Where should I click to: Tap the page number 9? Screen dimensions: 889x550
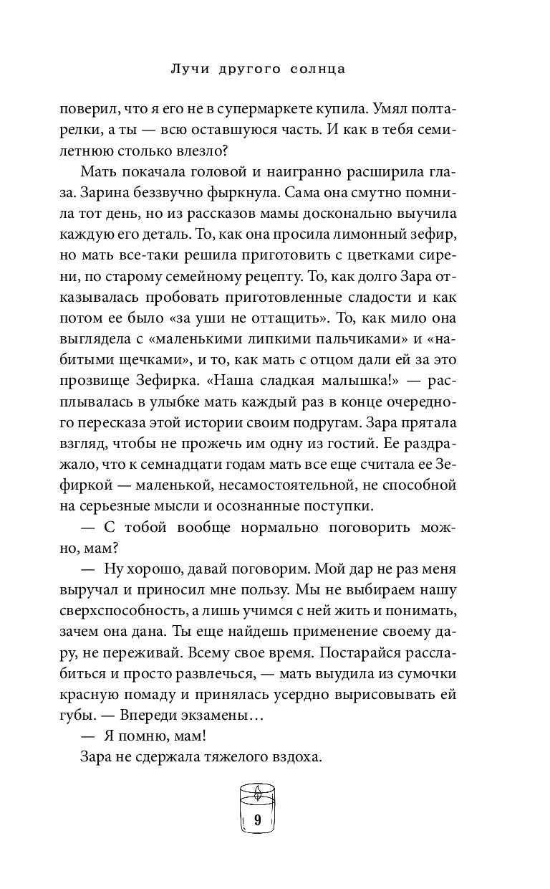(x=257, y=822)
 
